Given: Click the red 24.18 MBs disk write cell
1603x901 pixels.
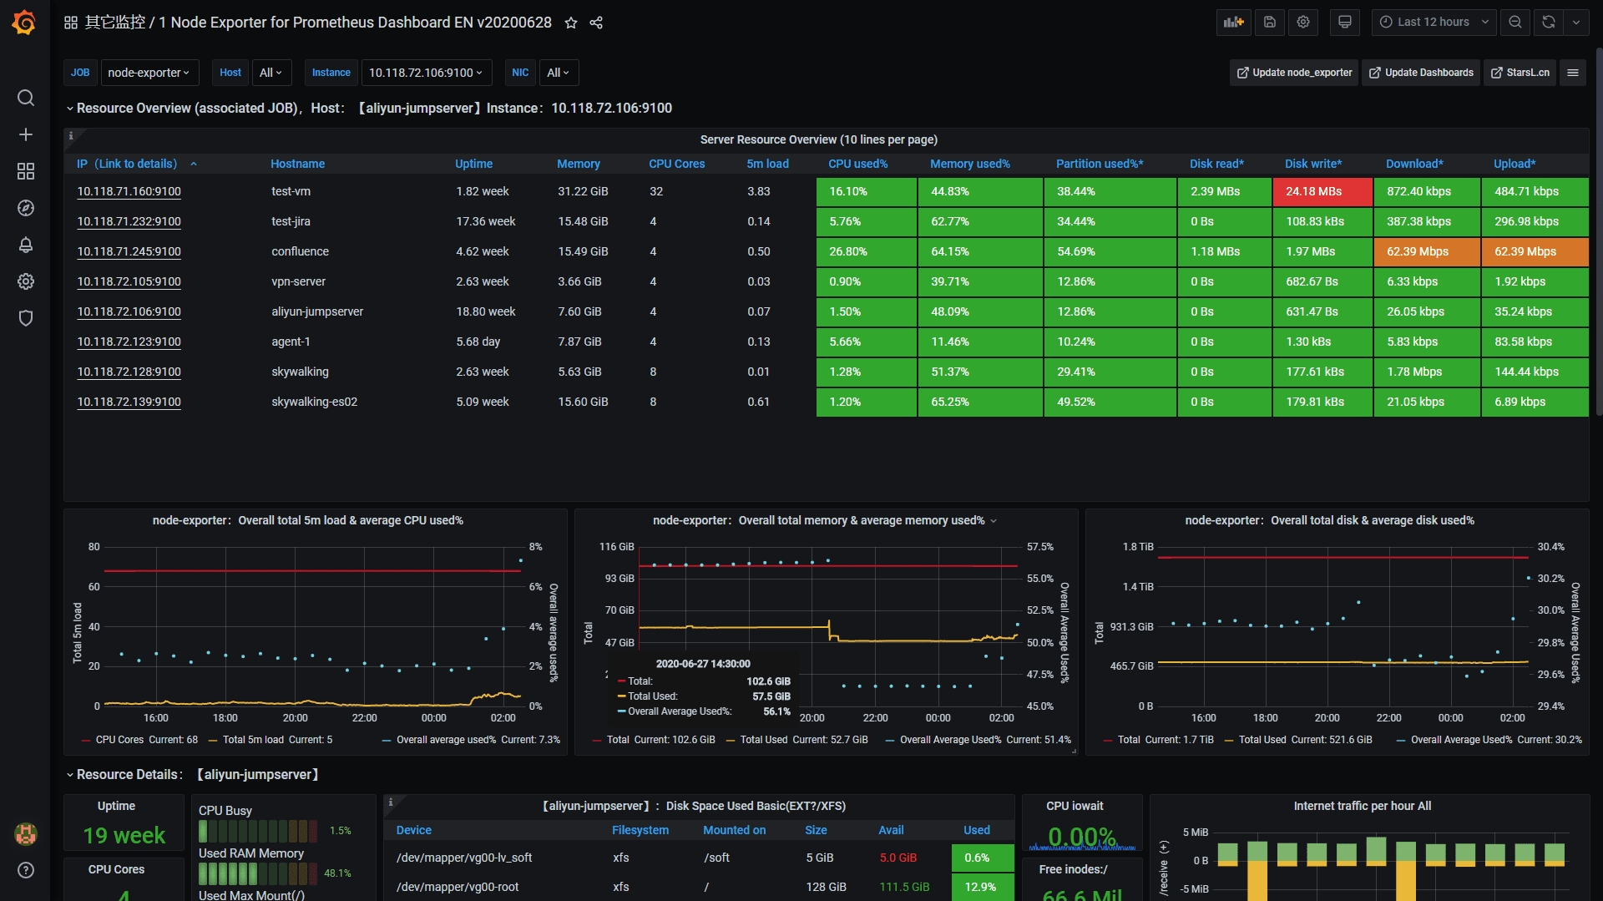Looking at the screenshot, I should pyautogui.click(x=1322, y=191).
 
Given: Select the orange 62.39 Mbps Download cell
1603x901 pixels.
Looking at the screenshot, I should pyautogui.click(x=1426, y=251).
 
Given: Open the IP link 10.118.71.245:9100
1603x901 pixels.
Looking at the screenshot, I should pyautogui.click(x=129, y=251).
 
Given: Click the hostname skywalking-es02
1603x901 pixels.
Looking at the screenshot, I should pyautogui.click(x=314, y=402).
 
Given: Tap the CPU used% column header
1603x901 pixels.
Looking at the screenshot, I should pyautogui.click(x=857, y=164).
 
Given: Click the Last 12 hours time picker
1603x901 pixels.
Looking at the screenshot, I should pyautogui.click(x=1433, y=23).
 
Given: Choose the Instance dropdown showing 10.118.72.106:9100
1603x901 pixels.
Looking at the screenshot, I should pyautogui.click(x=426, y=73).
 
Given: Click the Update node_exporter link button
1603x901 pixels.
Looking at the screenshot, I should pyautogui.click(x=1294, y=73).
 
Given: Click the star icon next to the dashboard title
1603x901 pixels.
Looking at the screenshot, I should pyautogui.click(x=571, y=23).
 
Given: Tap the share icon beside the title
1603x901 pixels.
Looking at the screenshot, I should pyautogui.click(x=596, y=23).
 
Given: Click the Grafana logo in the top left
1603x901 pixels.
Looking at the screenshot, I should pyautogui.click(x=24, y=23).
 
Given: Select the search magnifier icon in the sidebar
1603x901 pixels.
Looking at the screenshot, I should pyautogui.click(x=26, y=98).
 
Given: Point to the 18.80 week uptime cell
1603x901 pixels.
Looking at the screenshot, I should pyautogui.click(x=485, y=311).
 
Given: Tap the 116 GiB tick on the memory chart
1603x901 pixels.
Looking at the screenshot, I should pyautogui.click(x=616, y=547).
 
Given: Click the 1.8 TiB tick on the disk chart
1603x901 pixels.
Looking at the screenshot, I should pyautogui.click(x=1137, y=547).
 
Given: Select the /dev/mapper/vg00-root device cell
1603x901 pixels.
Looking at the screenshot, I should pyautogui.click(x=458, y=887).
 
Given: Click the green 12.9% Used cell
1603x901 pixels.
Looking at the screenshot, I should pyautogui.click(x=982, y=887).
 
